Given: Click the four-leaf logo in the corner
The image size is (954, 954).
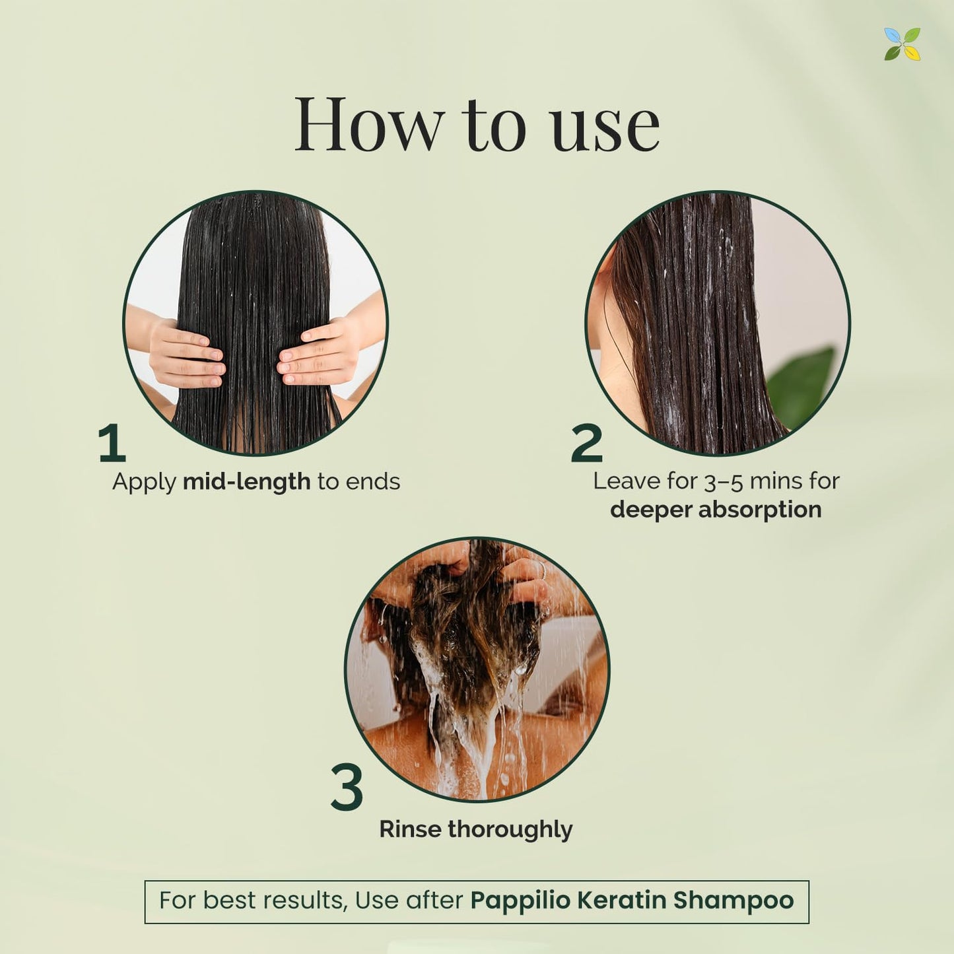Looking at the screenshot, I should (x=903, y=44).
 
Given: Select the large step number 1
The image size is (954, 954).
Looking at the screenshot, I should (x=112, y=442).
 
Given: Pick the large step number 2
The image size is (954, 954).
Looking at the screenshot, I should (x=587, y=442).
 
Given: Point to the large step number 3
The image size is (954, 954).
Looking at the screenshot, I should (x=347, y=787).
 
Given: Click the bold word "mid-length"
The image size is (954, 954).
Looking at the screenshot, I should (x=246, y=482).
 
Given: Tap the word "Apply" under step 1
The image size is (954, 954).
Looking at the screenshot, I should (x=144, y=483).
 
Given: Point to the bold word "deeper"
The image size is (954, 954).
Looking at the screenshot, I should (x=650, y=510).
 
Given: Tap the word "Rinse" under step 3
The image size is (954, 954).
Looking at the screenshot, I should (x=410, y=829).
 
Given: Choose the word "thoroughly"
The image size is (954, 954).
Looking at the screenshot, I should (x=510, y=830).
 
